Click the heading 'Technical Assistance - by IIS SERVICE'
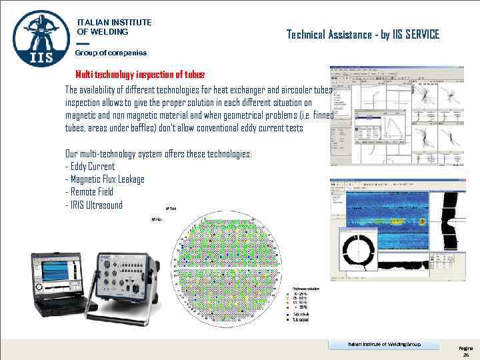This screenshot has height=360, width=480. [363, 34]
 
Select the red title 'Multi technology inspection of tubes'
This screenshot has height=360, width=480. [140, 75]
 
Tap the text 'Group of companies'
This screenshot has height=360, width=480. [111, 53]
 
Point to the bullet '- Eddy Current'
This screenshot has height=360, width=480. [90, 167]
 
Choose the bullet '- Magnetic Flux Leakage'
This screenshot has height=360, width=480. [105, 179]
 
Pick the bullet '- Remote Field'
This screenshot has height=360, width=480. [94, 192]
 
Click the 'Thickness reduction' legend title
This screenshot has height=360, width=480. [305, 287]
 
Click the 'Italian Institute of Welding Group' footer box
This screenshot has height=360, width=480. [384, 344]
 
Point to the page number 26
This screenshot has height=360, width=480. [466, 355]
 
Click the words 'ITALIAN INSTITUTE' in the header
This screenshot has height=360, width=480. [114, 22]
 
